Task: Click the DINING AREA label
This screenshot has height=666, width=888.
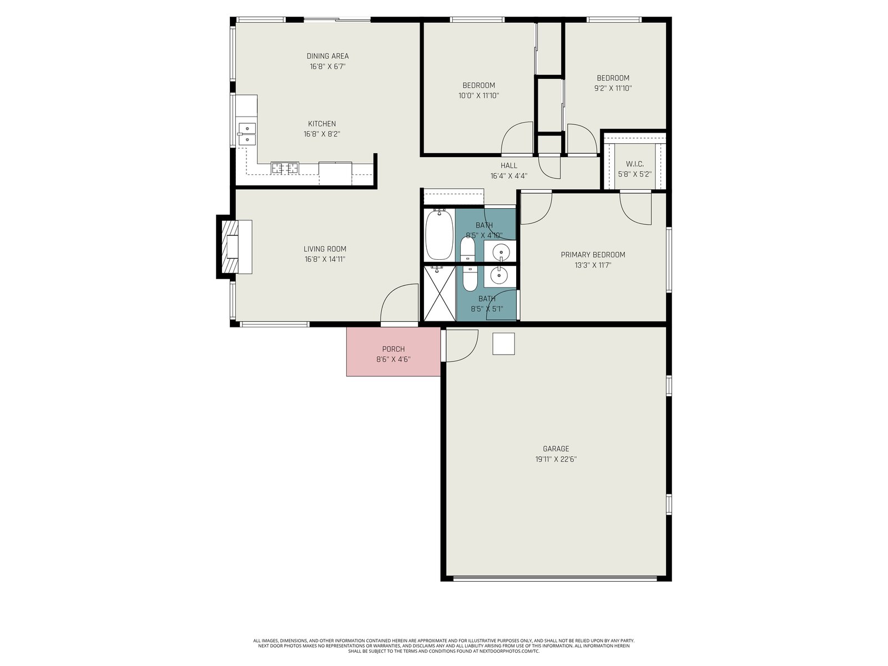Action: click(x=327, y=56)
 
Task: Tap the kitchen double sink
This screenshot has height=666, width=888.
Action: click(x=247, y=134)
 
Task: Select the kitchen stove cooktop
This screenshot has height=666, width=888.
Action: click(x=285, y=168)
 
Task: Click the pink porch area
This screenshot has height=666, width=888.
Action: click(x=393, y=351)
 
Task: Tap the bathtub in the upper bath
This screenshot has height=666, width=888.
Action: click(x=440, y=235)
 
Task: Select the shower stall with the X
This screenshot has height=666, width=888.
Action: click(x=440, y=293)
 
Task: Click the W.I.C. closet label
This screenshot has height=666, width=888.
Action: click(x=635, y=164)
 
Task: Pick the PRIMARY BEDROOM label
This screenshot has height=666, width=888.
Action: click(x=593, y=255)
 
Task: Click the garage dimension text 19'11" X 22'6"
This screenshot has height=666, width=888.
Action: click(x=556, y=459)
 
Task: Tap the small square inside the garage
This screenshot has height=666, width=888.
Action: click(x=503, y=344)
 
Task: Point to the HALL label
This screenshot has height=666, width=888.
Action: click(x=509, y=165)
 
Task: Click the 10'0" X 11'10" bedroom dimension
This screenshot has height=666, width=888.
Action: click(x=478, y=96)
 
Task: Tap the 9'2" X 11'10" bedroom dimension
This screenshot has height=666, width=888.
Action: click(x=613, y=88)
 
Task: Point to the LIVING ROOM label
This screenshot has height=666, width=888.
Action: click(x=325, y=249)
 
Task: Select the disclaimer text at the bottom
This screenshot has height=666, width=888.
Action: click(x=444, y=646)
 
